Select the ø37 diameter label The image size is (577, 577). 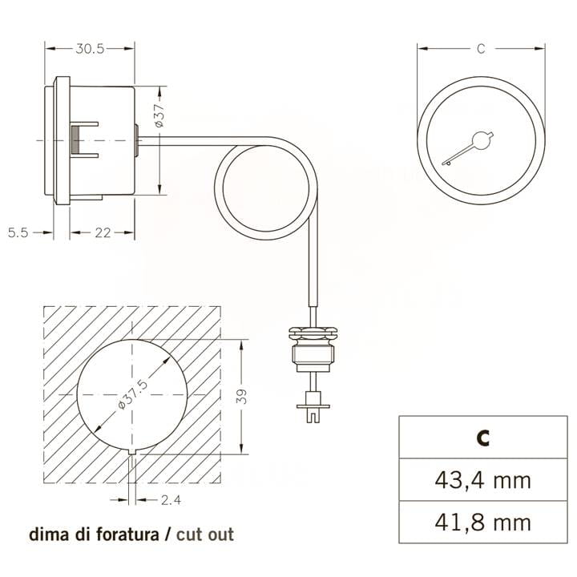click(x=159, y=116)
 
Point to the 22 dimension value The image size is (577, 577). click(x=102, y=232)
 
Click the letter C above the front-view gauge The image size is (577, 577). click(x=480, y=49)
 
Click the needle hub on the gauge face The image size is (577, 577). click(x=481, y=142)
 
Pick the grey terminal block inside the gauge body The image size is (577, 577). click(x=74, y=140)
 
